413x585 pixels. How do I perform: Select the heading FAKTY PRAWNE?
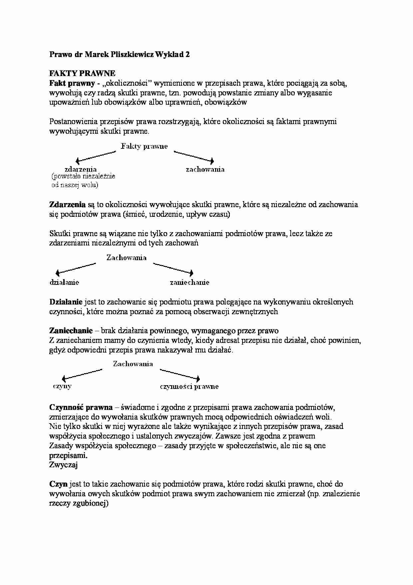[82, 73]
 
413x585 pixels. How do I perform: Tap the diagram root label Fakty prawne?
[144, 146]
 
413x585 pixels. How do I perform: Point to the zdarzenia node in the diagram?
[81, 169]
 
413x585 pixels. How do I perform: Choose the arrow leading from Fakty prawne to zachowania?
[194, 156]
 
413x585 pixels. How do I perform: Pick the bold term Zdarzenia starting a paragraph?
[67, 204]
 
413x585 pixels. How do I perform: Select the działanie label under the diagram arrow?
[64, 282]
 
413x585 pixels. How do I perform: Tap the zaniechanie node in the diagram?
[190, 282]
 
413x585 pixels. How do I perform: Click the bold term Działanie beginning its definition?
[66, 302]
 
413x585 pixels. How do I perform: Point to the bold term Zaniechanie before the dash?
[71, 331]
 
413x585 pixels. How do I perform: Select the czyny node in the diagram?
[62, 386]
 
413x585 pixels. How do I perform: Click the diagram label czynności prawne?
[189, 387]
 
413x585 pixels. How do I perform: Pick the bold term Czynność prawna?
[81, 407]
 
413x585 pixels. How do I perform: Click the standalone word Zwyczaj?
[63, 465]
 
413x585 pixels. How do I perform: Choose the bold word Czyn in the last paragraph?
[59, 484]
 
